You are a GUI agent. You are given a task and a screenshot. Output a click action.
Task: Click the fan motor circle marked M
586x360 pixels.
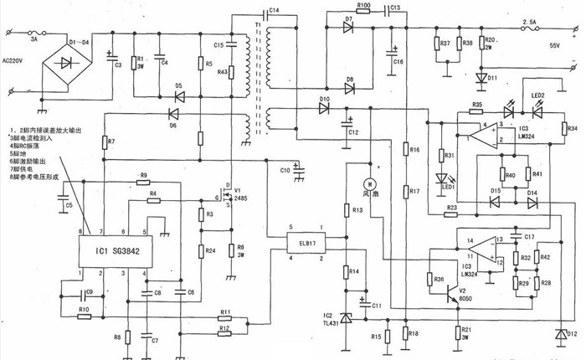point(365,183)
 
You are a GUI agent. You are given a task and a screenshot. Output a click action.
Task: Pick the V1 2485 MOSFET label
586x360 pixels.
point(241,193)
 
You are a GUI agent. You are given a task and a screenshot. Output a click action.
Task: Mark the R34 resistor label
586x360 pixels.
point(573,129)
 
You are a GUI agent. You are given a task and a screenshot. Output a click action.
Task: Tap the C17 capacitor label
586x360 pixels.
point(529,237)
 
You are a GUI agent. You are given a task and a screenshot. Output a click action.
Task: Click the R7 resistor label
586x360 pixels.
point(111,143)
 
